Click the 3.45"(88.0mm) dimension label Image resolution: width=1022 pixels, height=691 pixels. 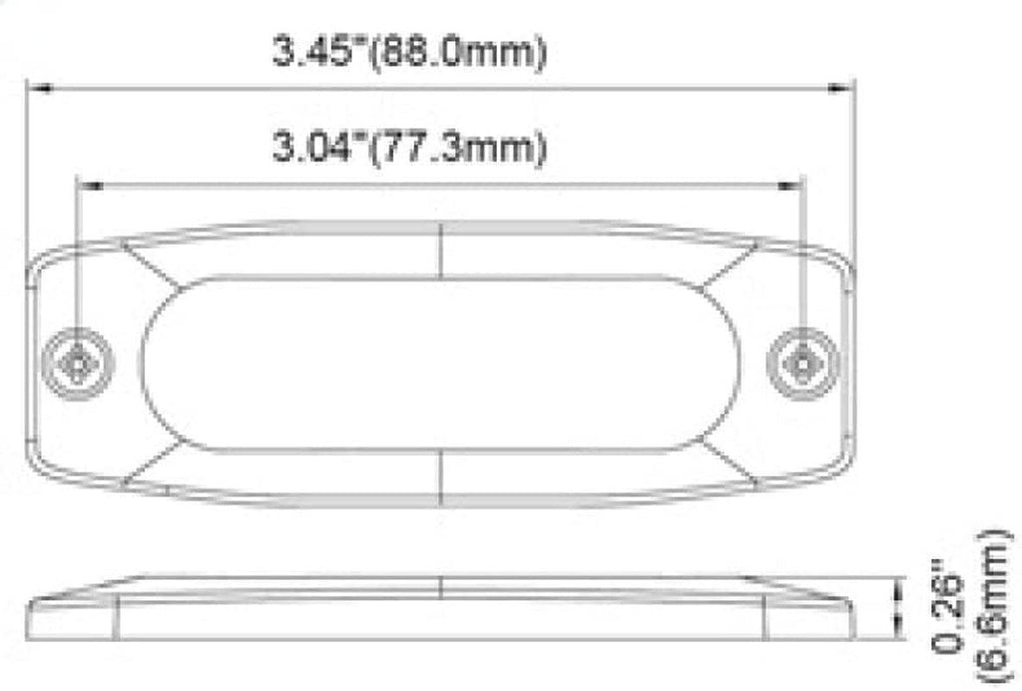[x=409, y=53]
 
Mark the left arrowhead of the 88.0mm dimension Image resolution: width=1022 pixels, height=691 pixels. [x=38, y=89]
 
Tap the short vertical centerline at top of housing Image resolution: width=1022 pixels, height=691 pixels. [x=441, y=250]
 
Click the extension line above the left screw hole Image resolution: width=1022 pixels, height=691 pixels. [x=77, y=260]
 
